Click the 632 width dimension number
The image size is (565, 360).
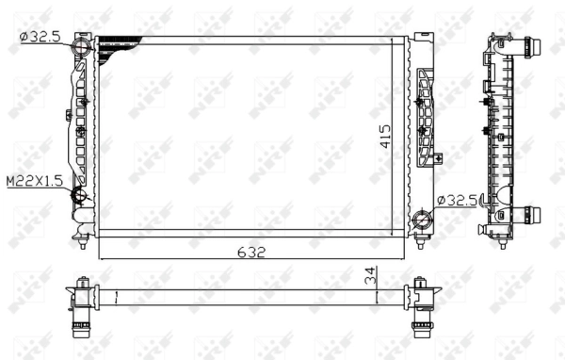[x=252, y=252]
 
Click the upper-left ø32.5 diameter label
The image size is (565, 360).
[x=39, y=36]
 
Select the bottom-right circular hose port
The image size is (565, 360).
[x=422, y=222]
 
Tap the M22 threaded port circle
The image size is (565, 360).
[x=80, y=196]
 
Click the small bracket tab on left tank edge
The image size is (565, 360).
[x=69, y=115]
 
